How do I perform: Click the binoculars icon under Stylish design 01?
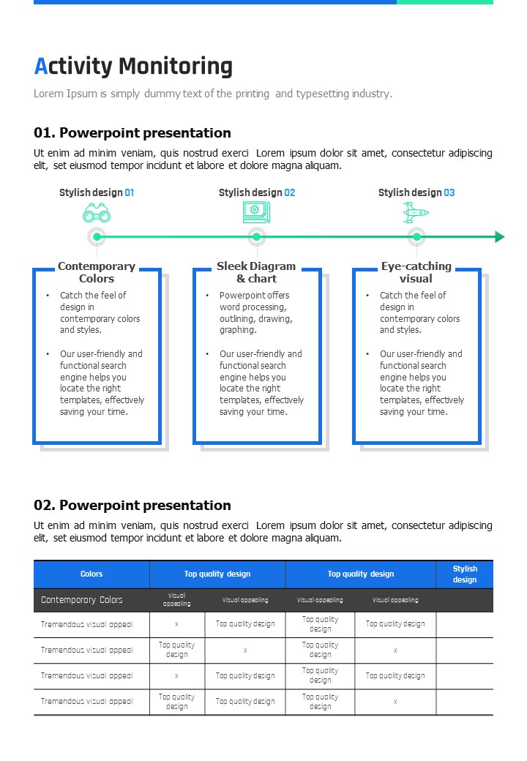(97, 213)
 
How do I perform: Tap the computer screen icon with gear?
(256, 213)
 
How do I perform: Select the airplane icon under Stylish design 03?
(416, 213)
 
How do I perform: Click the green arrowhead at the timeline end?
(499, 237)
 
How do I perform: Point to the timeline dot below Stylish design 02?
(257, 237)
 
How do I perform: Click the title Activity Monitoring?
(133, 66)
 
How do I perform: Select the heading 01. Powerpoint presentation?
(132, 132)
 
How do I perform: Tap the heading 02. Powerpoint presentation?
(132, 505)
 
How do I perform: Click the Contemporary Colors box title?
(97, 272)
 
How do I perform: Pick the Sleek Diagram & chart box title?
(256, 272)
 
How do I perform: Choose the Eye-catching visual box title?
(416, 272)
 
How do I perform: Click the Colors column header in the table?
(91, 574)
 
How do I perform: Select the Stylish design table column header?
(465, 574)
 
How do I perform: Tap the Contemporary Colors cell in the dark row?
(81, 600)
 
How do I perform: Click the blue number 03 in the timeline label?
(449, 192)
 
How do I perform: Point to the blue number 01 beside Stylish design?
(129, 192)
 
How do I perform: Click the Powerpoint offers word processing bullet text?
(255, 312)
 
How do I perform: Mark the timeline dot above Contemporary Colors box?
(97, 237)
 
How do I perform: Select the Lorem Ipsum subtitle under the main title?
(213, 94)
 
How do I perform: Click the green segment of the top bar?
(445, 2)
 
